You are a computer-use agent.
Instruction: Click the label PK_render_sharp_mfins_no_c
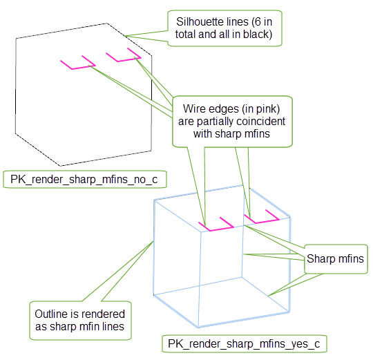(x=85, y=179)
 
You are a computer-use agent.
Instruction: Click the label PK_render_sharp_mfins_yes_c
(x=245, y=343)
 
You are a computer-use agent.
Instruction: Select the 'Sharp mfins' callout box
(x=336, y=259)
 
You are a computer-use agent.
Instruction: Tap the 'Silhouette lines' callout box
(x=224, y=28)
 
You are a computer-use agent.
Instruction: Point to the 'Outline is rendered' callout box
(x=80, y=320)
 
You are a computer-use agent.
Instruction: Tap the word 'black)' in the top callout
(x=258, y=35)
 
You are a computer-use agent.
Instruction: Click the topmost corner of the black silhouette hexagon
(x=106, y=23)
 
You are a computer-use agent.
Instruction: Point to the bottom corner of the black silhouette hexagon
(x=60, y=166)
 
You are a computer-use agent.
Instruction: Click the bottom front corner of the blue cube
(x=199, y=328)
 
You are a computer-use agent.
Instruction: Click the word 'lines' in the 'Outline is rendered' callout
(x=113, y=326)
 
